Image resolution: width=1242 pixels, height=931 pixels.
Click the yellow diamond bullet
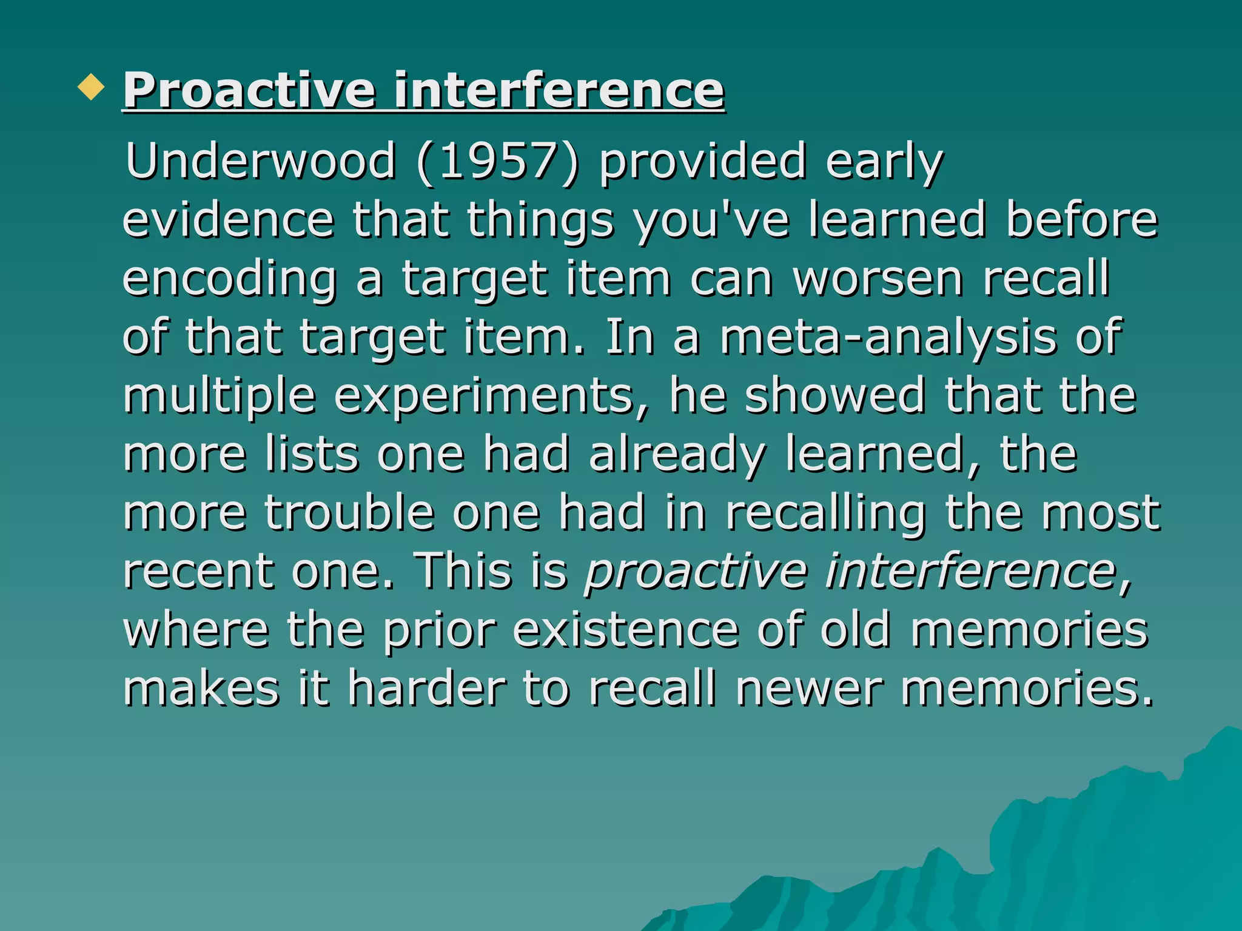(x=92, y=87)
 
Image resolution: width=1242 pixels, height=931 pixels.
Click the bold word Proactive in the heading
(x=249, y=91)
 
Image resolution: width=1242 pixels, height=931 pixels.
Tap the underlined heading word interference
(x=559, y=91)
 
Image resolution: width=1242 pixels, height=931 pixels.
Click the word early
(x=884, y=162)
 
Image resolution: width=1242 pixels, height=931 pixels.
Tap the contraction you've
(x=711, y=221)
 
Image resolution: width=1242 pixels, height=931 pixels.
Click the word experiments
(x=491, y=396)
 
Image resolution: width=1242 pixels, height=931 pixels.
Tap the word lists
(x=312, y=455)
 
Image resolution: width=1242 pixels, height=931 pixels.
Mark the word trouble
(x=349, y=513)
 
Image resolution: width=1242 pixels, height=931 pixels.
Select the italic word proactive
(x=696, y=572)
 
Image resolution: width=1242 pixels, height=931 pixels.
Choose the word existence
(x=626, y=630)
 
